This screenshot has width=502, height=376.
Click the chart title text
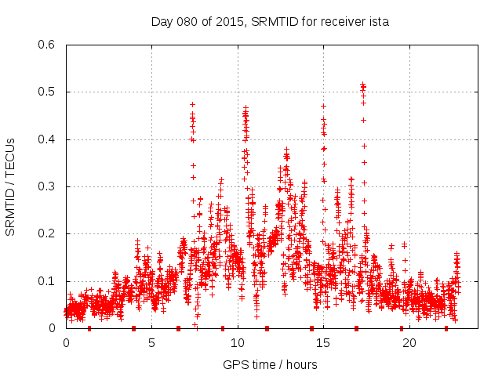[270, 22]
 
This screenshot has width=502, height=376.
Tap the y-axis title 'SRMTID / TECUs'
[10, 186]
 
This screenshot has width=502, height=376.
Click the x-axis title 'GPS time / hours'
[270, 364]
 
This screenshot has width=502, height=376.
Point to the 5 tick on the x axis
[151, 343]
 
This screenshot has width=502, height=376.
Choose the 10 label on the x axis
[238, 343]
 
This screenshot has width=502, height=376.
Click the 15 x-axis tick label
[323, 343]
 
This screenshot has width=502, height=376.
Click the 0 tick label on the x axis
[66, 343]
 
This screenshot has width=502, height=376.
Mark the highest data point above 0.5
[363, 84]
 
